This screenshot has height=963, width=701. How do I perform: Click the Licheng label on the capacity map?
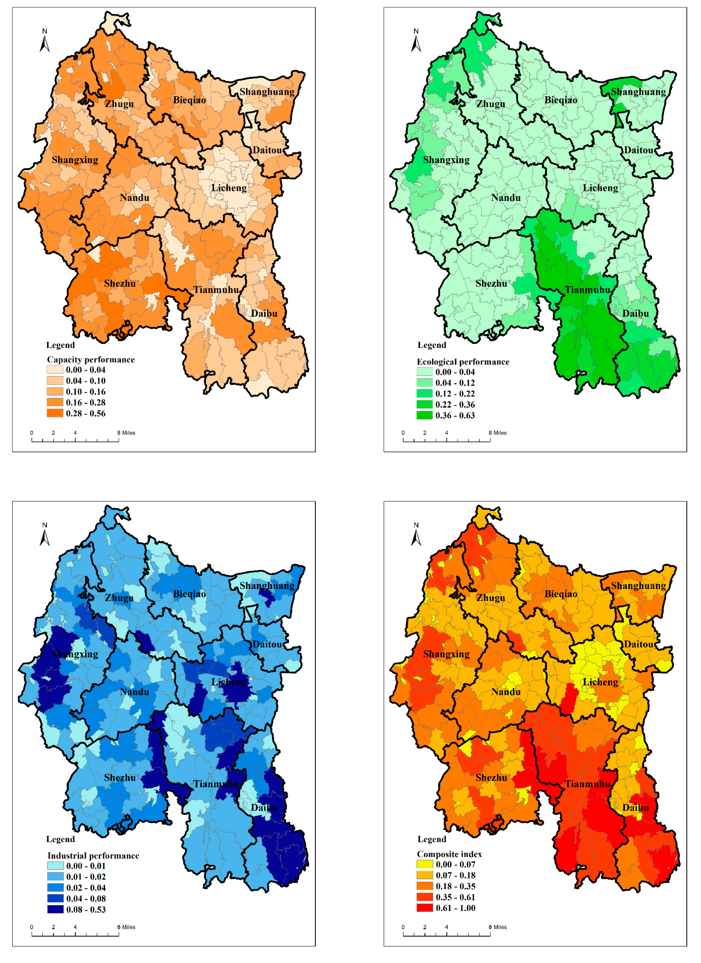[229, 188]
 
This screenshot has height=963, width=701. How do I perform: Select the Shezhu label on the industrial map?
[120, 778]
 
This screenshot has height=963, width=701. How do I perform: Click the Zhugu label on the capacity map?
[119, 104]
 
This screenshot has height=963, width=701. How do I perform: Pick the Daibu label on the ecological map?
[635, 313]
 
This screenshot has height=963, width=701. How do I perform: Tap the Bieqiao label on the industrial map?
[189, 594]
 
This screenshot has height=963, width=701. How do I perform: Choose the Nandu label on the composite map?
[506, 692]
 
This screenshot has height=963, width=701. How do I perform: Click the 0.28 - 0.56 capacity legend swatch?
[55, 413]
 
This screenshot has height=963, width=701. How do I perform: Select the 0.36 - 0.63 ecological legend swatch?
[424, 415]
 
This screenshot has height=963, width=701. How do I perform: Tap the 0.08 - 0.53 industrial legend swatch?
[55, 909]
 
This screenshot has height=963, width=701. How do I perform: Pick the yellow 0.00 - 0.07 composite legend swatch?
[425, 864]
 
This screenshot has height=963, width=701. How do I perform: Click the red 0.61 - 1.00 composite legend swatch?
[425, 908]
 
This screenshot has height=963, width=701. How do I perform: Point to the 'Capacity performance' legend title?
[91, 360]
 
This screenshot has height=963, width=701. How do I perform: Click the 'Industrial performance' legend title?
[93, 856]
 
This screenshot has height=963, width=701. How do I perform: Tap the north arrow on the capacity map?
[44, 41]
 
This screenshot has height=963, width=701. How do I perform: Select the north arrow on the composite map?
[416, 535]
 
